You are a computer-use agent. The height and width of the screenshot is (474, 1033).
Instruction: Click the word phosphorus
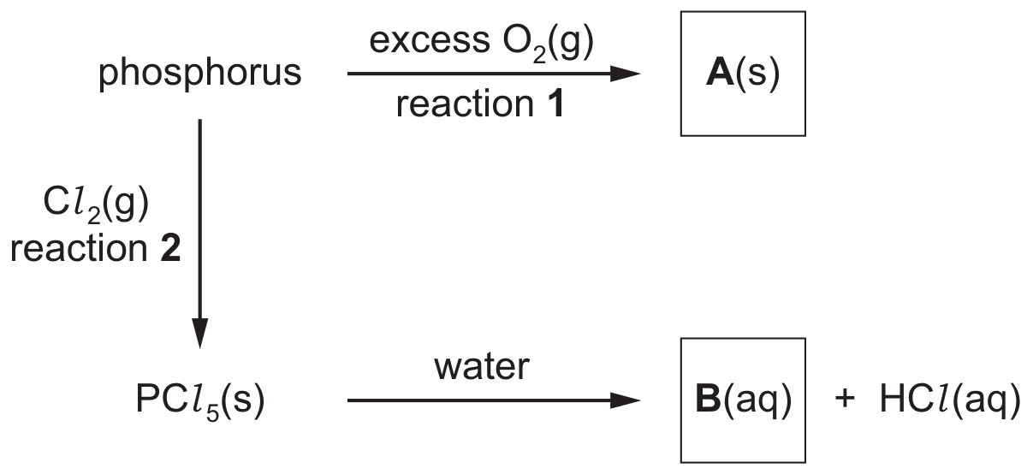[199, 74]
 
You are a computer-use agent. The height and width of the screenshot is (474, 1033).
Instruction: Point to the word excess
[430, 40]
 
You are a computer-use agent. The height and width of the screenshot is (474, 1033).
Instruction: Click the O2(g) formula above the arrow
[548, 43]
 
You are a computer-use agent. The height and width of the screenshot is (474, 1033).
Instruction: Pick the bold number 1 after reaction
[555, 104]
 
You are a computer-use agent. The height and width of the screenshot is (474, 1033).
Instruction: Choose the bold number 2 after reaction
[170, 248]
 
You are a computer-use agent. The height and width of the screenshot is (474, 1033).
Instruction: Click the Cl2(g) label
[96, 204]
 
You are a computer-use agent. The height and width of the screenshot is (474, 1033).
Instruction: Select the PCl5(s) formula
[200, 401]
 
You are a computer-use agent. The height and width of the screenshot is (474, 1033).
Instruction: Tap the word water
[482, 368]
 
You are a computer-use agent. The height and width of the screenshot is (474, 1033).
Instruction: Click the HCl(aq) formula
[951, 400]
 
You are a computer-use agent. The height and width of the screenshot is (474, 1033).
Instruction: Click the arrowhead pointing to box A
[626, 74]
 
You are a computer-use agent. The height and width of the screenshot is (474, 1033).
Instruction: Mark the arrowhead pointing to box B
[626, 400]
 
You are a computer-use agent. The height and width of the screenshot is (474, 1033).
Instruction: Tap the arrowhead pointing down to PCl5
[200, 334]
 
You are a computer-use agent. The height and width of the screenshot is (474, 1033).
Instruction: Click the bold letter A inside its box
[720, 73]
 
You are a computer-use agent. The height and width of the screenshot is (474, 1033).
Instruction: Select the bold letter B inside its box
[708, 400]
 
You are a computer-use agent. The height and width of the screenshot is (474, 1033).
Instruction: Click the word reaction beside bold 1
[465, 104]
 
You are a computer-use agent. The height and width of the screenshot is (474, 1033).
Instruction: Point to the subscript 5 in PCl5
[212, 413]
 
